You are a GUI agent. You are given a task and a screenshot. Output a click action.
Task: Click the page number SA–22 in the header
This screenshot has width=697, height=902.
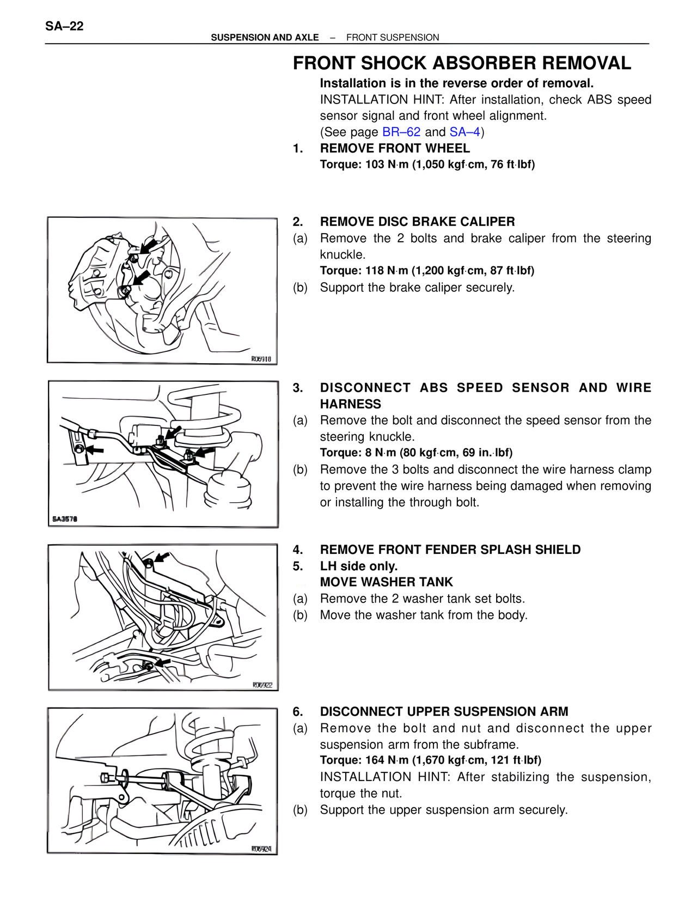64,26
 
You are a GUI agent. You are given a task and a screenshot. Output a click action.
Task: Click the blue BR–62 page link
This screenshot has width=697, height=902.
401,132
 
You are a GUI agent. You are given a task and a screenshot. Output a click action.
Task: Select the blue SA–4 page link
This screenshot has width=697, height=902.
465,132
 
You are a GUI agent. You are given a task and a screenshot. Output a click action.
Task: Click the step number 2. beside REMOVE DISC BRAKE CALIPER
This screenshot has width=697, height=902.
297,222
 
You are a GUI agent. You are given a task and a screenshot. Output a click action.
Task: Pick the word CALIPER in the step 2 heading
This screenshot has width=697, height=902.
487,222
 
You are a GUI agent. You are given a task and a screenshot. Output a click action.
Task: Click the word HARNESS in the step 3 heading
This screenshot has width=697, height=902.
350,404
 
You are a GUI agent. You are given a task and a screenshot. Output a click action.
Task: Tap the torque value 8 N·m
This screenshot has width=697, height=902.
380,453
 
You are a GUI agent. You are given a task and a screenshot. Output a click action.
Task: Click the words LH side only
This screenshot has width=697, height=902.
359,566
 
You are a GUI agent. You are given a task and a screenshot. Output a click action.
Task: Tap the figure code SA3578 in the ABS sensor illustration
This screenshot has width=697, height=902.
65,519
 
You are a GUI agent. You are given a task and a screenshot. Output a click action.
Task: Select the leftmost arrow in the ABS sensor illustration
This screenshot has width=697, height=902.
95,450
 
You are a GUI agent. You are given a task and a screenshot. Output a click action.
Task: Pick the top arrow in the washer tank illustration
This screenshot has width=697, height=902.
162,557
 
